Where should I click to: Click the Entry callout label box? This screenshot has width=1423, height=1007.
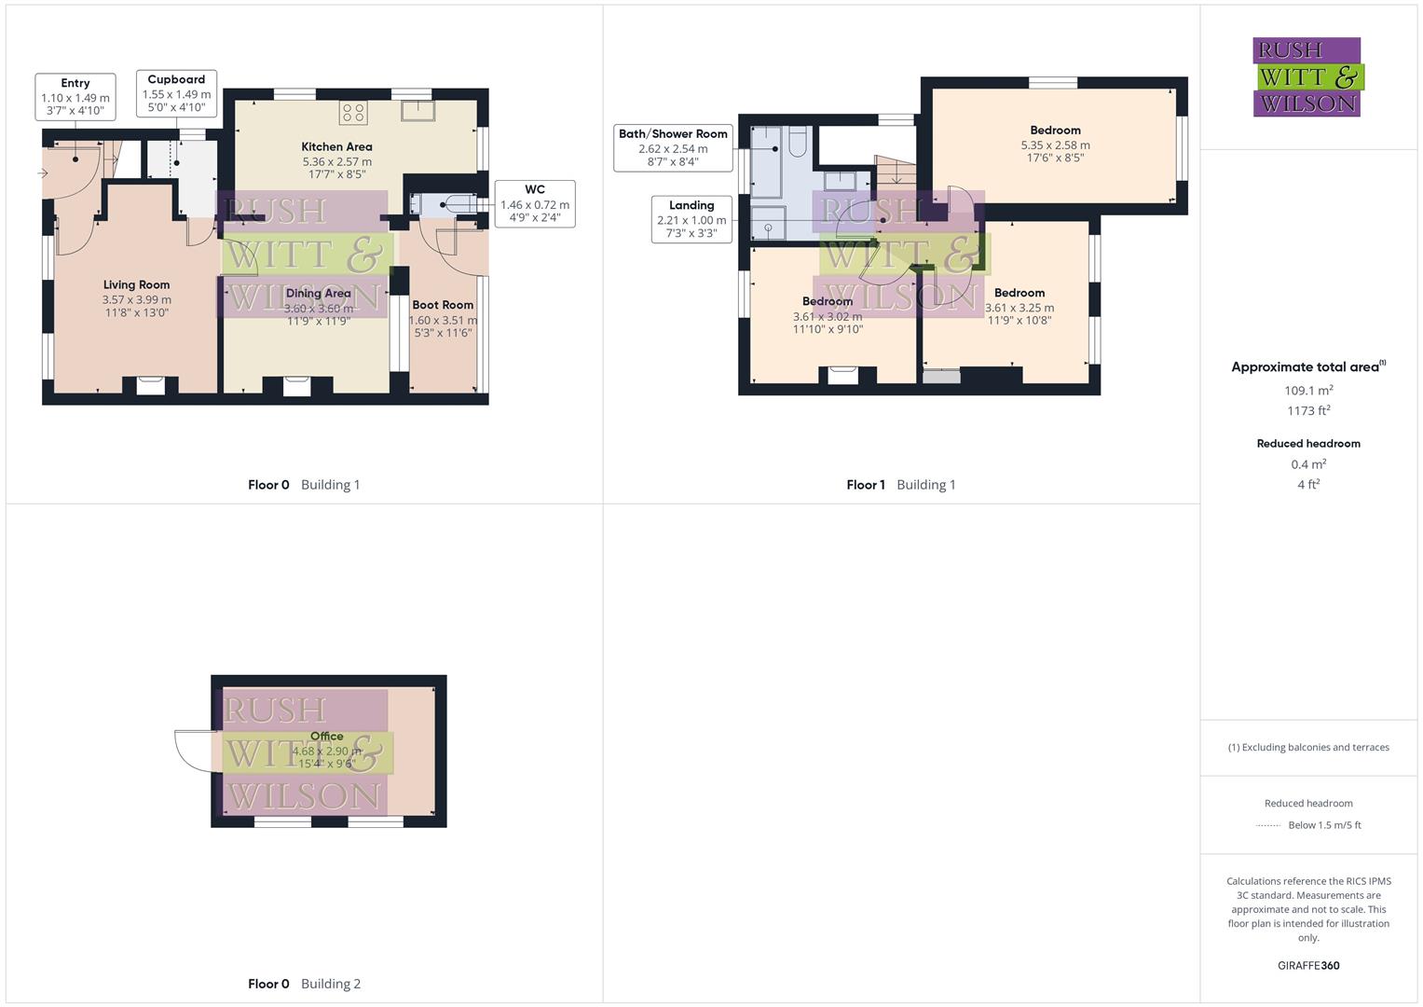pos(75,97)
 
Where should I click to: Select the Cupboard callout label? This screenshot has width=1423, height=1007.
pos(176,93)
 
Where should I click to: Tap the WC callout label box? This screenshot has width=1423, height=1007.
pos(535,203)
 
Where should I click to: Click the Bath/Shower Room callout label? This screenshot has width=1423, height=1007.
pos(673,147)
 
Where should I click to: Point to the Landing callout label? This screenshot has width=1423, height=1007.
pos(691,219)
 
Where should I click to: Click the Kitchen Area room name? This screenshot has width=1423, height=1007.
pos(336,146)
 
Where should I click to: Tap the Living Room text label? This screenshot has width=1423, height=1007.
pos(136,284)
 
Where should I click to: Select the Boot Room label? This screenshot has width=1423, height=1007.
pos(443,305)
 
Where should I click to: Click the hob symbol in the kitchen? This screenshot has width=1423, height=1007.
pos(353,113)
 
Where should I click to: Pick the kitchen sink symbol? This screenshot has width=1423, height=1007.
pos(417,110)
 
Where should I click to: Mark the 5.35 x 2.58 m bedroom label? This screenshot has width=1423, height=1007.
pos(1055,144)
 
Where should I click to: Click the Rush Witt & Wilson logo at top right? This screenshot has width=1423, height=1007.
pos(1307,76)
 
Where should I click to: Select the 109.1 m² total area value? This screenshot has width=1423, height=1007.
pos(1308,391)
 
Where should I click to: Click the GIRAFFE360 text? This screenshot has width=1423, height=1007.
pos(1308,965)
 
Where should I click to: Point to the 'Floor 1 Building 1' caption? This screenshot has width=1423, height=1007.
pos(900,485)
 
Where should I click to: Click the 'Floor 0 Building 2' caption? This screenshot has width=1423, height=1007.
pos(304,984)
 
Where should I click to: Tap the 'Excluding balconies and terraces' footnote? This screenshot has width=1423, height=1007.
pos(1308,747)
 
